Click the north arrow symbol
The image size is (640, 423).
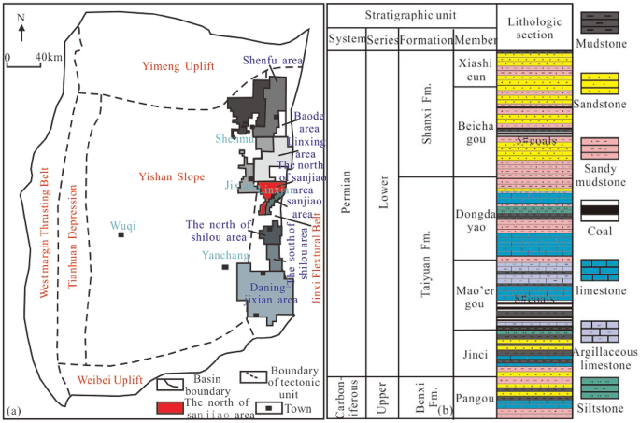pos(21,30)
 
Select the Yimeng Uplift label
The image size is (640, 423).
pos(178,66)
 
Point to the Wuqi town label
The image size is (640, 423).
pos(121,224)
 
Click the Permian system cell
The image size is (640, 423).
pos(343,212)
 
